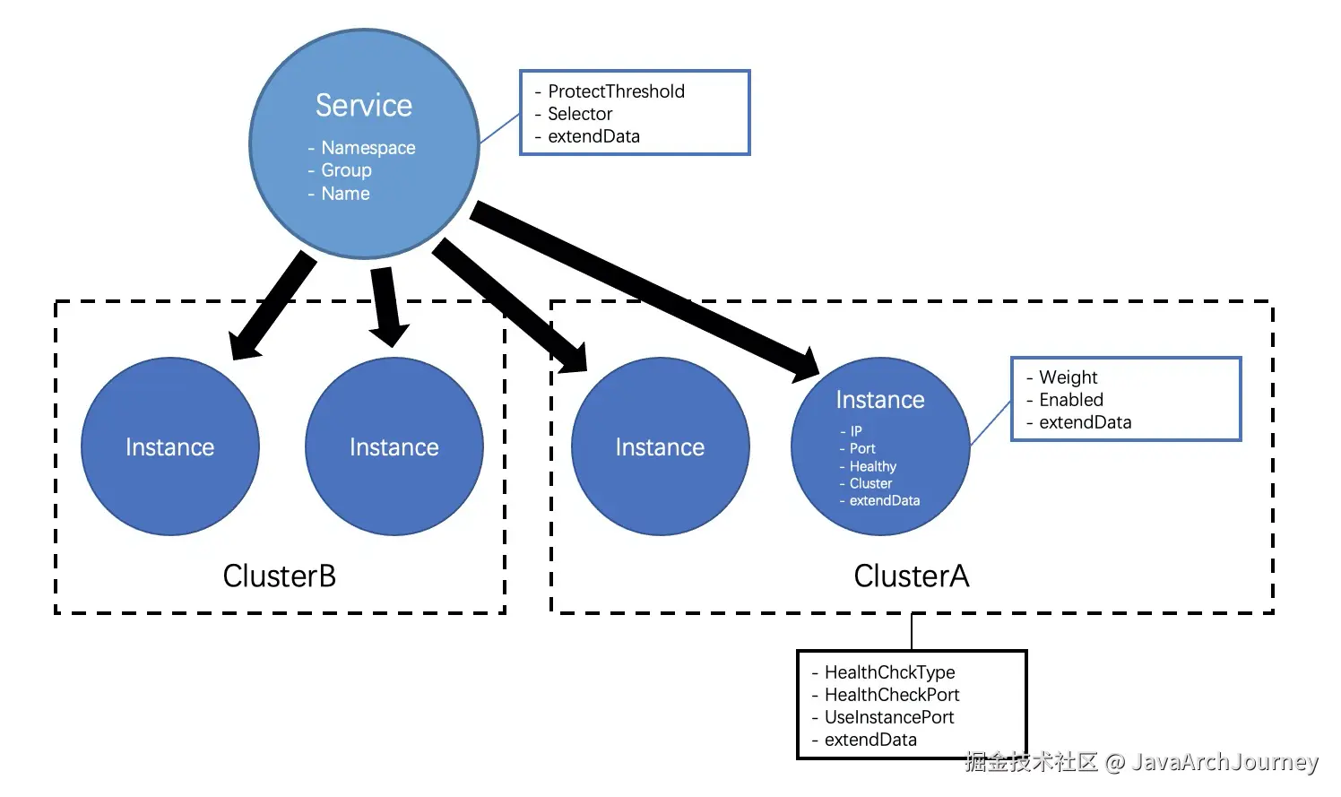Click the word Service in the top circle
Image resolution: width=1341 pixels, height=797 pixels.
(x=364, y=106)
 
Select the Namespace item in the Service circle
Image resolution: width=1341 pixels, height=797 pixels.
(x=368, y=148)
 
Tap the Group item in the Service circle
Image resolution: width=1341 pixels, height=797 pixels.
(x=346, y=170)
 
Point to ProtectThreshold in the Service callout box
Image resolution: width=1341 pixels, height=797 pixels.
(x=616, y=91)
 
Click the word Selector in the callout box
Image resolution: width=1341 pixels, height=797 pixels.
(x=580, y=114)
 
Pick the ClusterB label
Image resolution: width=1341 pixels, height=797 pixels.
(x=279, y=576)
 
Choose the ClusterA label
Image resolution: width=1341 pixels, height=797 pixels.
(x=911, y=576)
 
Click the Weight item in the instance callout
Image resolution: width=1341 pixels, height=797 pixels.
(x=1068, y=377)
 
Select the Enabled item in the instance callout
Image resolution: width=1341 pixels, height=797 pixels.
(x=1071, y=400)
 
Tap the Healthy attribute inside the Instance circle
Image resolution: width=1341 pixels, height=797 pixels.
(x=873, y=466)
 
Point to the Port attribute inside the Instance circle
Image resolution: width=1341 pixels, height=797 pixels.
(x=862, y=448)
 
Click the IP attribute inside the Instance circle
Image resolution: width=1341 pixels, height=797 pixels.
(x=856, y=431)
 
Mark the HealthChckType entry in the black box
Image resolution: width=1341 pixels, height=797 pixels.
(x=889, y=672)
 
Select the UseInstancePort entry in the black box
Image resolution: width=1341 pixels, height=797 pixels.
(x=889, y=717)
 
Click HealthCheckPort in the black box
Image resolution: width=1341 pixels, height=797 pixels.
(x=892, y=695)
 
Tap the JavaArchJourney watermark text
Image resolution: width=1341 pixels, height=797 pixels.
(x=1224, y=762)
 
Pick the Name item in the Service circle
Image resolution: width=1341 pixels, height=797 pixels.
(x=345, y=194)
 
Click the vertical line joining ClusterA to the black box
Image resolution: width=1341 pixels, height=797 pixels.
(x=911, y=632)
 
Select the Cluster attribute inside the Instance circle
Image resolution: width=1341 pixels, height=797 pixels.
(x=870, y=483)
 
